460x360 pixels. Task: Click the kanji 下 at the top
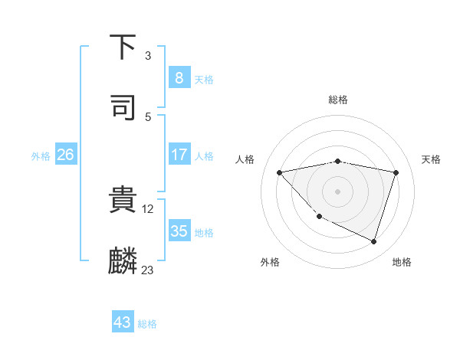(123, 47)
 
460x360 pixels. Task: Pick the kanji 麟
(123, 261)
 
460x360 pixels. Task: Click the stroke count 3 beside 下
(148, 56)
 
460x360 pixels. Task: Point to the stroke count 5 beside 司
(148, 116)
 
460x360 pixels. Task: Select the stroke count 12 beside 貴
(149, 208)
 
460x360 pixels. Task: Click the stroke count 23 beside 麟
(148, 270)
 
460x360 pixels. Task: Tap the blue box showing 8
(179, 77)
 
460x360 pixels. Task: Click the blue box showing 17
(179, 155)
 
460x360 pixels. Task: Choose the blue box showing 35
(179, 231)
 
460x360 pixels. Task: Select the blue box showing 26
(65, 155)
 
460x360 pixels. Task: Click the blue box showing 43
(123, 322)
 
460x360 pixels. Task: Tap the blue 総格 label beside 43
(147, 324)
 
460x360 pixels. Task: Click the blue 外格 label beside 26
(41, 156)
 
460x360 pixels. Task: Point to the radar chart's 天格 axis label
(431, 159)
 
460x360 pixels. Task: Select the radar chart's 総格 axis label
(338, 100)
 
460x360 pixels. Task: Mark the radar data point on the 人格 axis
(280, 172)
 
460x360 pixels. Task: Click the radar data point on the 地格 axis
(373, 241)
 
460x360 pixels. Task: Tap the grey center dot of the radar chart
(337, 191)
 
